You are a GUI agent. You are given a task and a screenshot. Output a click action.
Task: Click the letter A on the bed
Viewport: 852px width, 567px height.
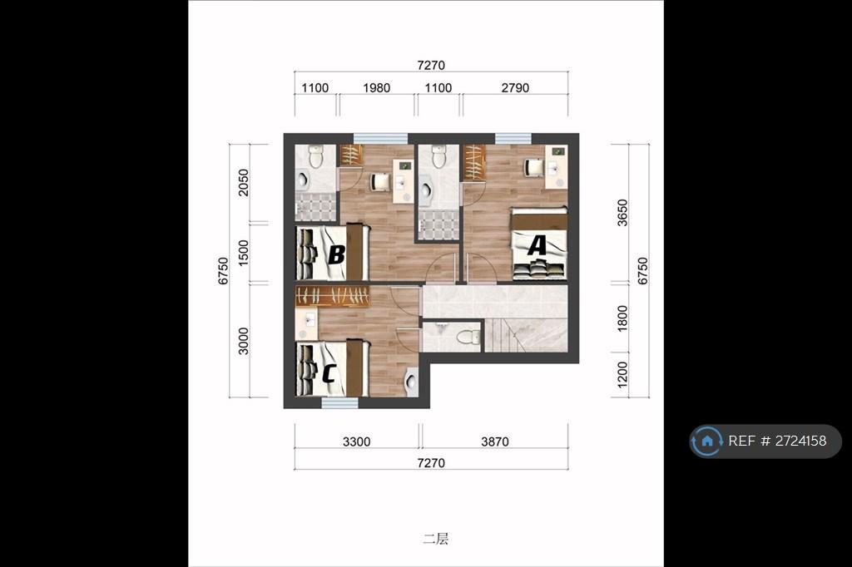coord(537,245)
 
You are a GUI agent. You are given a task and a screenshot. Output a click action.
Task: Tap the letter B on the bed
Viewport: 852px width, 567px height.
coord(337,254)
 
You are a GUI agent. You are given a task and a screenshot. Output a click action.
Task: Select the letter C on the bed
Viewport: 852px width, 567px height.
coord(329,373)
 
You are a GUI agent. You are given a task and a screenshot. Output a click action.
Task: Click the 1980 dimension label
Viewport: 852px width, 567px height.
coord(377,88)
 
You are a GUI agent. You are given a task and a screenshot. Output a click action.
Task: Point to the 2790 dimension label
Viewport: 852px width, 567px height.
coord(515,88)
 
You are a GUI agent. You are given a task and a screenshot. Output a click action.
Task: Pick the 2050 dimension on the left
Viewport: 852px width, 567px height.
coord(244,182)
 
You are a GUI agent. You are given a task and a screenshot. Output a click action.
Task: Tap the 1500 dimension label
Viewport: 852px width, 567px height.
coord(244,253)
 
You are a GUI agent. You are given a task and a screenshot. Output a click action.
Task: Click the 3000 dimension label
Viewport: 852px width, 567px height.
coord(244,341)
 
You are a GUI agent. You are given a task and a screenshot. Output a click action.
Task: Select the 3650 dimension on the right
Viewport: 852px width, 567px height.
coord(622,213)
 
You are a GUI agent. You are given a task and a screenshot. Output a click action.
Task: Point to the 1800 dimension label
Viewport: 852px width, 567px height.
coord(622,318)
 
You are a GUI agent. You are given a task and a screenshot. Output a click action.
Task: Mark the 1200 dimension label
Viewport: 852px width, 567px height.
coord(622,375)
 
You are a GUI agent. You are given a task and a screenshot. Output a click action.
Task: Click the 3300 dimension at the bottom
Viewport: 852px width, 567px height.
coord(356,441)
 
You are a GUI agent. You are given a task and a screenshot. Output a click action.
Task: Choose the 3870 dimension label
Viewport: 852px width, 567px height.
coord(495,441)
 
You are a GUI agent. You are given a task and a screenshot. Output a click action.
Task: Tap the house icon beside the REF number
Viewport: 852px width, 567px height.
coord(707,441)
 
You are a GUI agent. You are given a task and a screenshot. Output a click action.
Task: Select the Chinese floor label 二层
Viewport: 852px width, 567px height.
coord(436,539)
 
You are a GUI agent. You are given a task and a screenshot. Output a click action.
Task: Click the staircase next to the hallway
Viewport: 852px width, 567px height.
coord(526,336)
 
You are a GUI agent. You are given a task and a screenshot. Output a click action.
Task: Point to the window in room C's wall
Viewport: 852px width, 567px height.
coord(339,403)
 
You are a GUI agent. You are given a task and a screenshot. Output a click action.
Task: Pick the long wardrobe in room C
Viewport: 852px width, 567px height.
coord(333,297)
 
